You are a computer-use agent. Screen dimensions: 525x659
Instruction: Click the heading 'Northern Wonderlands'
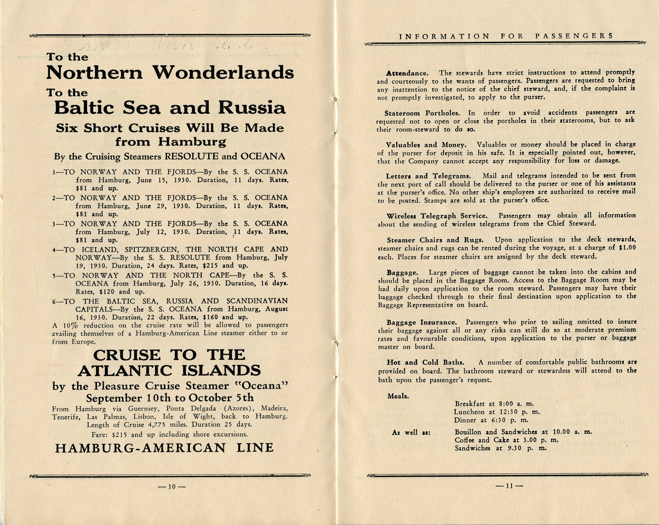pos(170,72)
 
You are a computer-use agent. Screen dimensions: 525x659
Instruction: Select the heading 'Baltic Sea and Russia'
pos(170,108)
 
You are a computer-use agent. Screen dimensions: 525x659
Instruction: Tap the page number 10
pos(172,487)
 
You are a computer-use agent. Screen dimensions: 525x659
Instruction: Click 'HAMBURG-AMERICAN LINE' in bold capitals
pos(164,448)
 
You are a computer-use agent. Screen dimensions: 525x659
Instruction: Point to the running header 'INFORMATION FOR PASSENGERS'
pos(506,36)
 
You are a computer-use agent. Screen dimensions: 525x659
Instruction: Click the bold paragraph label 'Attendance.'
pos(407,73)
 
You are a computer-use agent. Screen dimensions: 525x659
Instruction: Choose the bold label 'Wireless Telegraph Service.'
pos(437,216)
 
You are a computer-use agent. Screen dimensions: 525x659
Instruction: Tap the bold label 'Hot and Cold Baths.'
pos(425,362)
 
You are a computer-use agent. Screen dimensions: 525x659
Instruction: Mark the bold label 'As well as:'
pos(411,433)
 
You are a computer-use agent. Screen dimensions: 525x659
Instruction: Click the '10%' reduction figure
pos(70,325)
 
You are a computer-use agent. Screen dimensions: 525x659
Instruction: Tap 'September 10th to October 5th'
pos(169,398)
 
